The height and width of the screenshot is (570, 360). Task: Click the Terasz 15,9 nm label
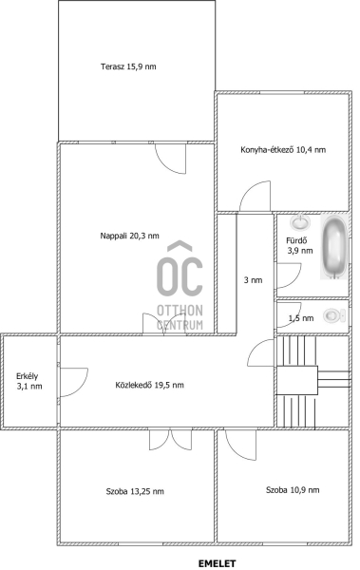pos(128,66)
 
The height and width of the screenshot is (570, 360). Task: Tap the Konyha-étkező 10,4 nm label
pos(283,150)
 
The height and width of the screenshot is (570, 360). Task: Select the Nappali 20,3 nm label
pos(129,236)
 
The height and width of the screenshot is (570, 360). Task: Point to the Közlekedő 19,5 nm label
pos(149,385)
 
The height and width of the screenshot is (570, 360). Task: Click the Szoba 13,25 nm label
pos(135,491)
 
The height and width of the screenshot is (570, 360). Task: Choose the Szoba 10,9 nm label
pos(293,490)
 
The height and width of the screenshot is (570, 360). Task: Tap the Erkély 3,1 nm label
pos(29,381)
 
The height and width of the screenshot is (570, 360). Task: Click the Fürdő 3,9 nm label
pos(299,245)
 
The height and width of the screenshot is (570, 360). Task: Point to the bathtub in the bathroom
pos(334,247)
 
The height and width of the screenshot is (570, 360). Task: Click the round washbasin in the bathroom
pos(300,221)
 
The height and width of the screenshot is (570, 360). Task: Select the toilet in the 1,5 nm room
pos(335,315)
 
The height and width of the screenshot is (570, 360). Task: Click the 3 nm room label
pos(253,280)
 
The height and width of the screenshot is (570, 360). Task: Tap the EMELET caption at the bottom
pos(217,563)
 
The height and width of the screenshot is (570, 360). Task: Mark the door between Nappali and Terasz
pos(171,159)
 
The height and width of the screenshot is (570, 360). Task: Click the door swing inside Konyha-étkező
pos(256,197)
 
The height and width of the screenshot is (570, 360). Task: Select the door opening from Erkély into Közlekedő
pos(74,383)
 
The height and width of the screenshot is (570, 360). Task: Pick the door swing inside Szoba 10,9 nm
pos(240,445)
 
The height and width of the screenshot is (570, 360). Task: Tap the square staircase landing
pos(297,381)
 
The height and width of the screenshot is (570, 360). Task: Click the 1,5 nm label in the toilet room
pos(301,318)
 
